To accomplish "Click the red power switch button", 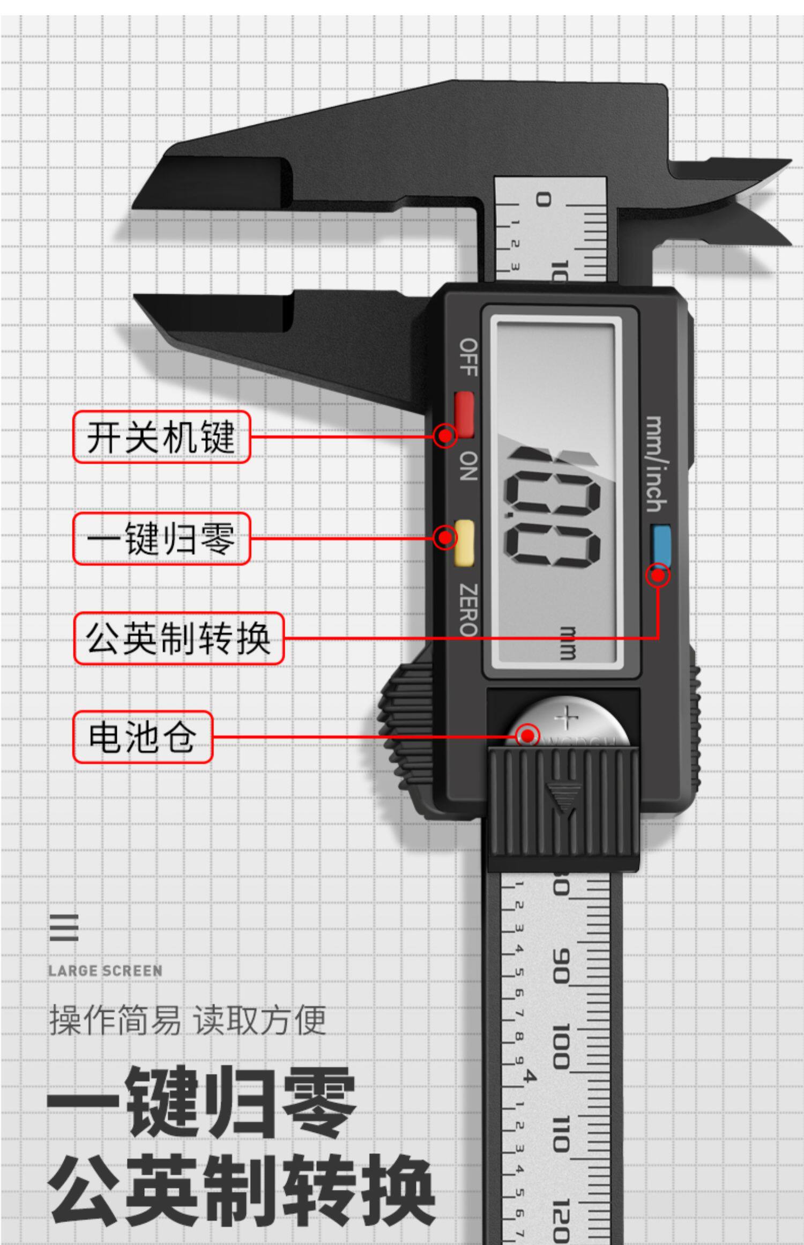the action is [x=464, y=413].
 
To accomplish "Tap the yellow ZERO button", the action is [x=464, y=543].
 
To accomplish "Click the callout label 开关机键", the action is [x=161, y=437].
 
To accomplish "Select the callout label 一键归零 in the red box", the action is [x=161, y=538].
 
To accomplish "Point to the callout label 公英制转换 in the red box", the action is [x=178, y=638].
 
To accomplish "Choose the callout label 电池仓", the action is [x=143, y=737].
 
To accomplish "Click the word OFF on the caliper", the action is [x=468, y=357].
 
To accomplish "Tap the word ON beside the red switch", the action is [x=468, y=465].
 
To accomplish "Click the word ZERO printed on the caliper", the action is [x=468, y=609].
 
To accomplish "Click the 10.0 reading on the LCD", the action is [x=552, y=509].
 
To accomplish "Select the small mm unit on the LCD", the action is [x=567, y=642].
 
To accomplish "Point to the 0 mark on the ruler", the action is [x=544, y=200].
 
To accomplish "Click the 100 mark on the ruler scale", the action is [x=561, y=1046].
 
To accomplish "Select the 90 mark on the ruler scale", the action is [x=561, y=966].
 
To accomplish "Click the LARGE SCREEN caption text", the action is [x=105, y=970].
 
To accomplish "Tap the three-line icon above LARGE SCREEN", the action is [x=64, y=928].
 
